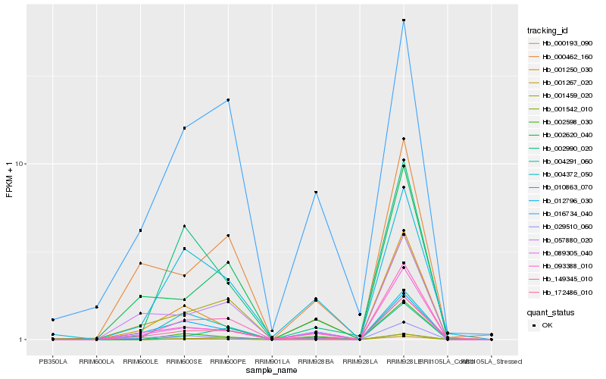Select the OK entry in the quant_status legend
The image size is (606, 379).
547,325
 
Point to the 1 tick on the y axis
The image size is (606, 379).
23,340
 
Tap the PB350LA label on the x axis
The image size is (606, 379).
53,362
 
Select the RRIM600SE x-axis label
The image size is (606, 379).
184,362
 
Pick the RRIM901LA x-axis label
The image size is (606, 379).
272,362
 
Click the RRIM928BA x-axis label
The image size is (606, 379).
316,362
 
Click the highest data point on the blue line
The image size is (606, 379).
404,20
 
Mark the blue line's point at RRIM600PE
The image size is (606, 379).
228,100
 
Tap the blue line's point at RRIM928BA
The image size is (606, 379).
316,193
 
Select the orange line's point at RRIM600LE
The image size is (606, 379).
140,263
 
